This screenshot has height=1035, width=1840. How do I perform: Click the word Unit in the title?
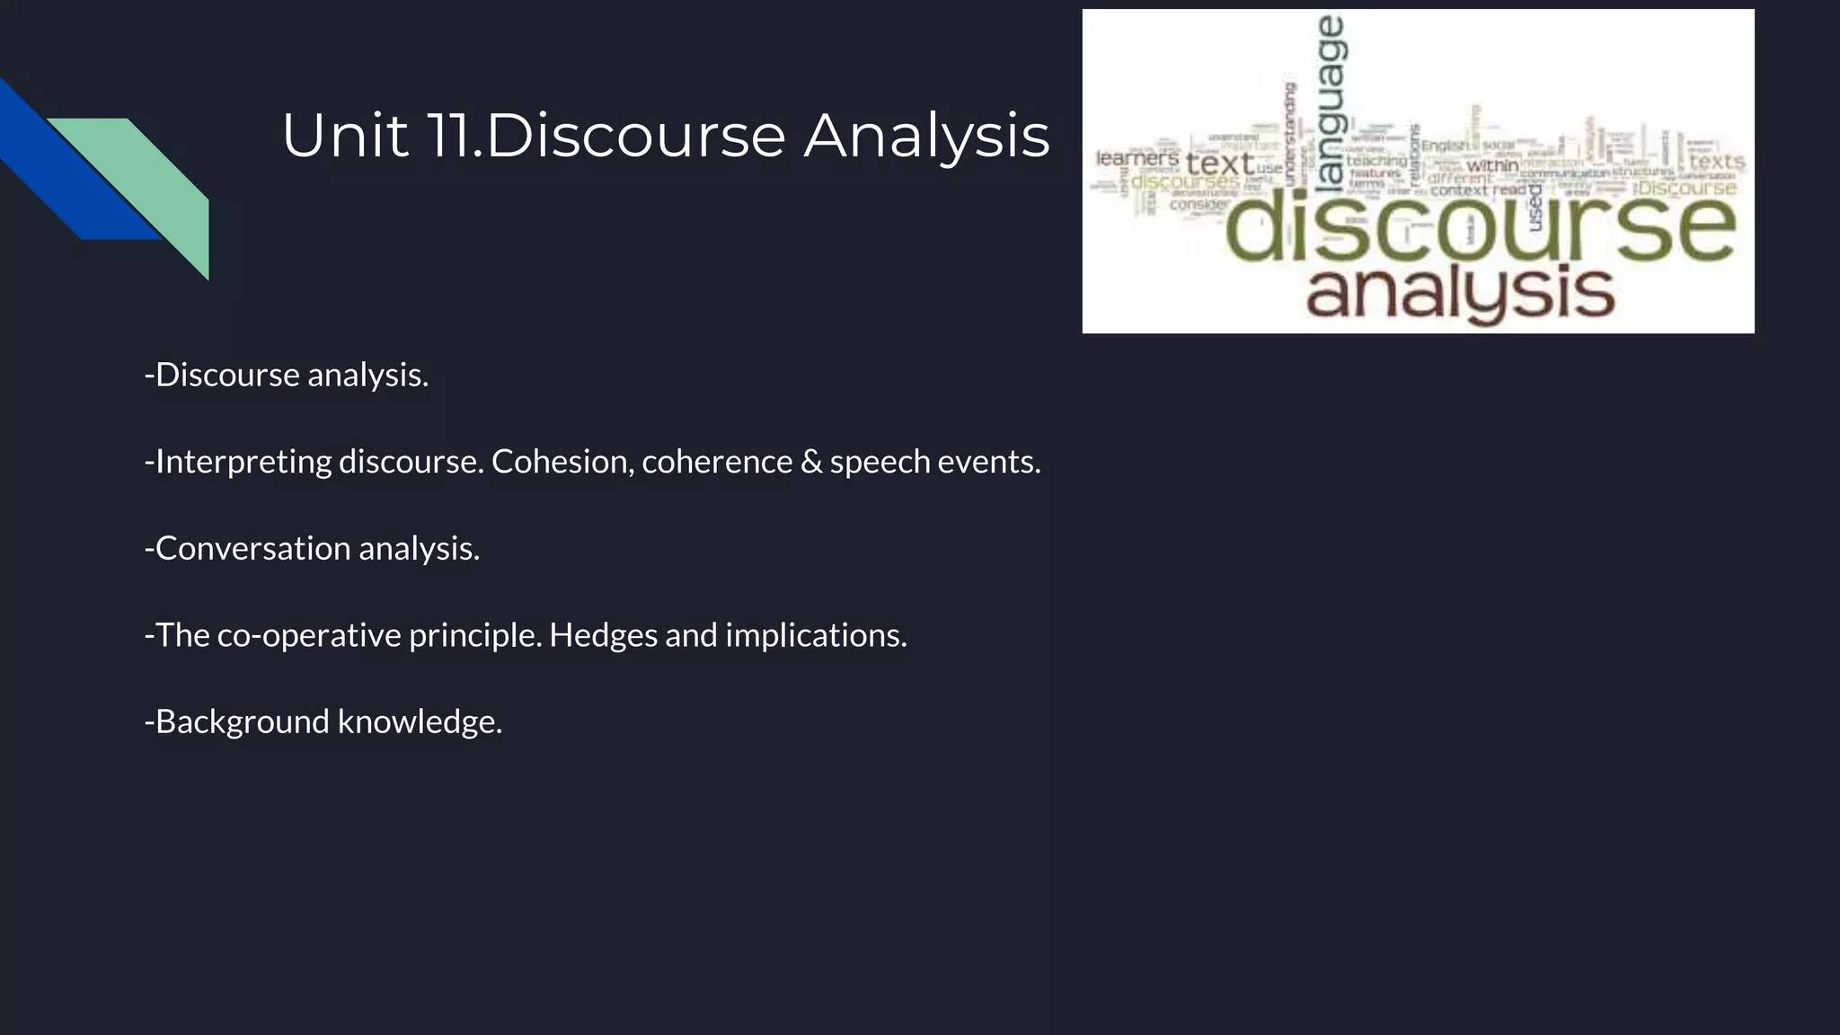coord(345,137)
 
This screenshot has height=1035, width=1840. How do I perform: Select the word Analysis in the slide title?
coord(926,137)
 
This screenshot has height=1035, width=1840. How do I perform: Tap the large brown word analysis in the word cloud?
coord(1460,292)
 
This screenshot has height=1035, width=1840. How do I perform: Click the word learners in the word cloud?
coord(1137,159)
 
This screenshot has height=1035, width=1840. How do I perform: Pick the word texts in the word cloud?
coord(1716,162)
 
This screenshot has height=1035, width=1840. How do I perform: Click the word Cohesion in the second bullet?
coord(562,462)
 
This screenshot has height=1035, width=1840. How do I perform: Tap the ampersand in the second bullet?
coord(811,462)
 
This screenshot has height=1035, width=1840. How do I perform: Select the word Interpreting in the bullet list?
coord(243,462)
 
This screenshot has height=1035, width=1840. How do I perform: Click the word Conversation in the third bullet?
coord(252,548)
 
